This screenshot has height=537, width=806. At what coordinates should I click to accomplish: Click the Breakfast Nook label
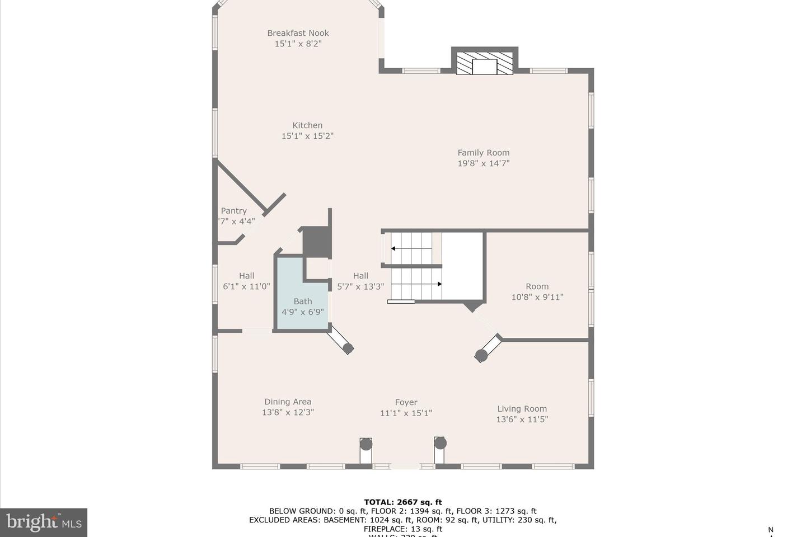pos(298,33)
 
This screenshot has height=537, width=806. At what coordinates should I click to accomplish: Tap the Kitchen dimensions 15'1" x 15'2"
pos(307,136)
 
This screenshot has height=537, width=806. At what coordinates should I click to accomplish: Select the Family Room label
pos(484,153)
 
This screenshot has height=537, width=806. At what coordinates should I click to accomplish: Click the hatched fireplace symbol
pos(484,63)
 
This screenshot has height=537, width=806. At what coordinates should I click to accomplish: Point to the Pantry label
pos(234,211)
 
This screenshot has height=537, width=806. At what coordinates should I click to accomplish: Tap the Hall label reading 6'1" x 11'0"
pos(246,281)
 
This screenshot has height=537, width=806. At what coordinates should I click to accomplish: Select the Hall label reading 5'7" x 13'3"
pos(360,281)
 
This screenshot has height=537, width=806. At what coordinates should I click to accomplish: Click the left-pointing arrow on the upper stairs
pos(395,248)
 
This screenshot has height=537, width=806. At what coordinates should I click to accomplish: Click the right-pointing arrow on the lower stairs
pos(439,284)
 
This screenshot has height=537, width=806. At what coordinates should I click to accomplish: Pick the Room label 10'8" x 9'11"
pos(537,291)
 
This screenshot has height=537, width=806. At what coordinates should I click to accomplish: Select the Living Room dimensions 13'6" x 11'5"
pos(522,419)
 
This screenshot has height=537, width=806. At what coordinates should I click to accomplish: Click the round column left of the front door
pos(366,444)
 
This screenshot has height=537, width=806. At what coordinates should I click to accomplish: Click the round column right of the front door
pos(441,443)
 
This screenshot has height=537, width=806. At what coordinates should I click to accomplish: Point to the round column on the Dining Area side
pos(348,348)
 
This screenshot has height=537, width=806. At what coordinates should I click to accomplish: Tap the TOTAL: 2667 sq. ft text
pos(403,502)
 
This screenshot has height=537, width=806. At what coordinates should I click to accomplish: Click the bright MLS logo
pos(44,522)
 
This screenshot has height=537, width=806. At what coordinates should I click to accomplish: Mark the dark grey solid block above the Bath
pos(317,242)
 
